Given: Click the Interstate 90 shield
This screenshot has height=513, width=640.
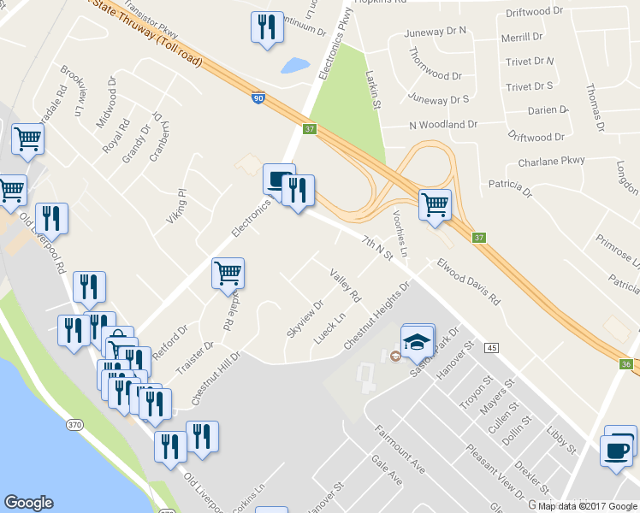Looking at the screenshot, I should click(x=258, y=98).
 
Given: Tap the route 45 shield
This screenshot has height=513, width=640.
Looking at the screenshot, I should click(x=490, y=348).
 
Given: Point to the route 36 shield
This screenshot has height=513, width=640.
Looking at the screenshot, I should click(x=626, y=364).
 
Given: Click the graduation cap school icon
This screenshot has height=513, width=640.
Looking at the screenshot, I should click(x=417, y=339).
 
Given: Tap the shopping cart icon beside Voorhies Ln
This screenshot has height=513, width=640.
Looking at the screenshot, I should click(x=436, y=203).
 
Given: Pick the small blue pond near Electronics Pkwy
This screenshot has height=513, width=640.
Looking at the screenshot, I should click(x=295, y=65).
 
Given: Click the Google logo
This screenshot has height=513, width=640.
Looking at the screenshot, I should click(x=28, y=503).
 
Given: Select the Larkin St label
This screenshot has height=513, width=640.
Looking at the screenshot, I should click(x=373, y=91).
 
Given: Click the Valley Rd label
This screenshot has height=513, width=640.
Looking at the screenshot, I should click(x=344, y=285).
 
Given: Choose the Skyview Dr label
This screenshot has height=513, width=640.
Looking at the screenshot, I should click(x=305, y=318).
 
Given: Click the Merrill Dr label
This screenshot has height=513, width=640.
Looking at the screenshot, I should click(x=522, y=38).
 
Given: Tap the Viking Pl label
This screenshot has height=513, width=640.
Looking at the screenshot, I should click(x=175, y=206).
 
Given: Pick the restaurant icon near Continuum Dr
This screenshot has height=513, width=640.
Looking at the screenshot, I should click(x=267, y=27).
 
